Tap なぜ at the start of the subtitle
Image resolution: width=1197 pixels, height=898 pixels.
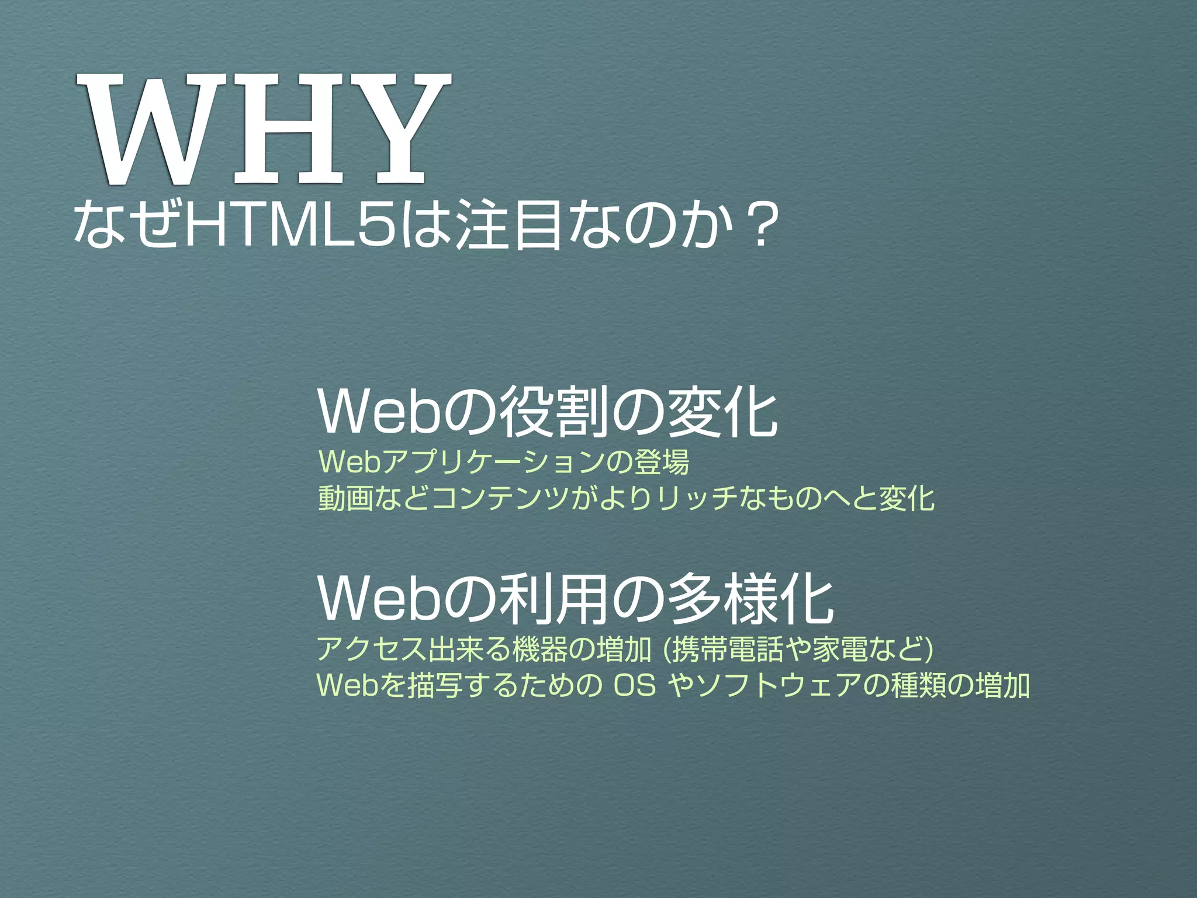[126, 225]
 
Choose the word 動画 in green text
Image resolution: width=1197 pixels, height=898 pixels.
[345, 498]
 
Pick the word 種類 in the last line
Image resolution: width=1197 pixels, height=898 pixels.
[918, 685]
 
